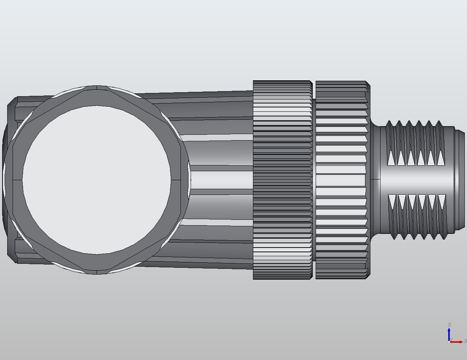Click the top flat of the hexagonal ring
click(97, 96)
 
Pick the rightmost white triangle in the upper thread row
click(441, 157)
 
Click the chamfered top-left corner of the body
click(12, 101)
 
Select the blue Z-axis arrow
click(449, 333)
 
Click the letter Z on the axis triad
click(449, 325)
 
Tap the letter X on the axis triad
click(465, 341)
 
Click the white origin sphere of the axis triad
click(449, 342)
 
